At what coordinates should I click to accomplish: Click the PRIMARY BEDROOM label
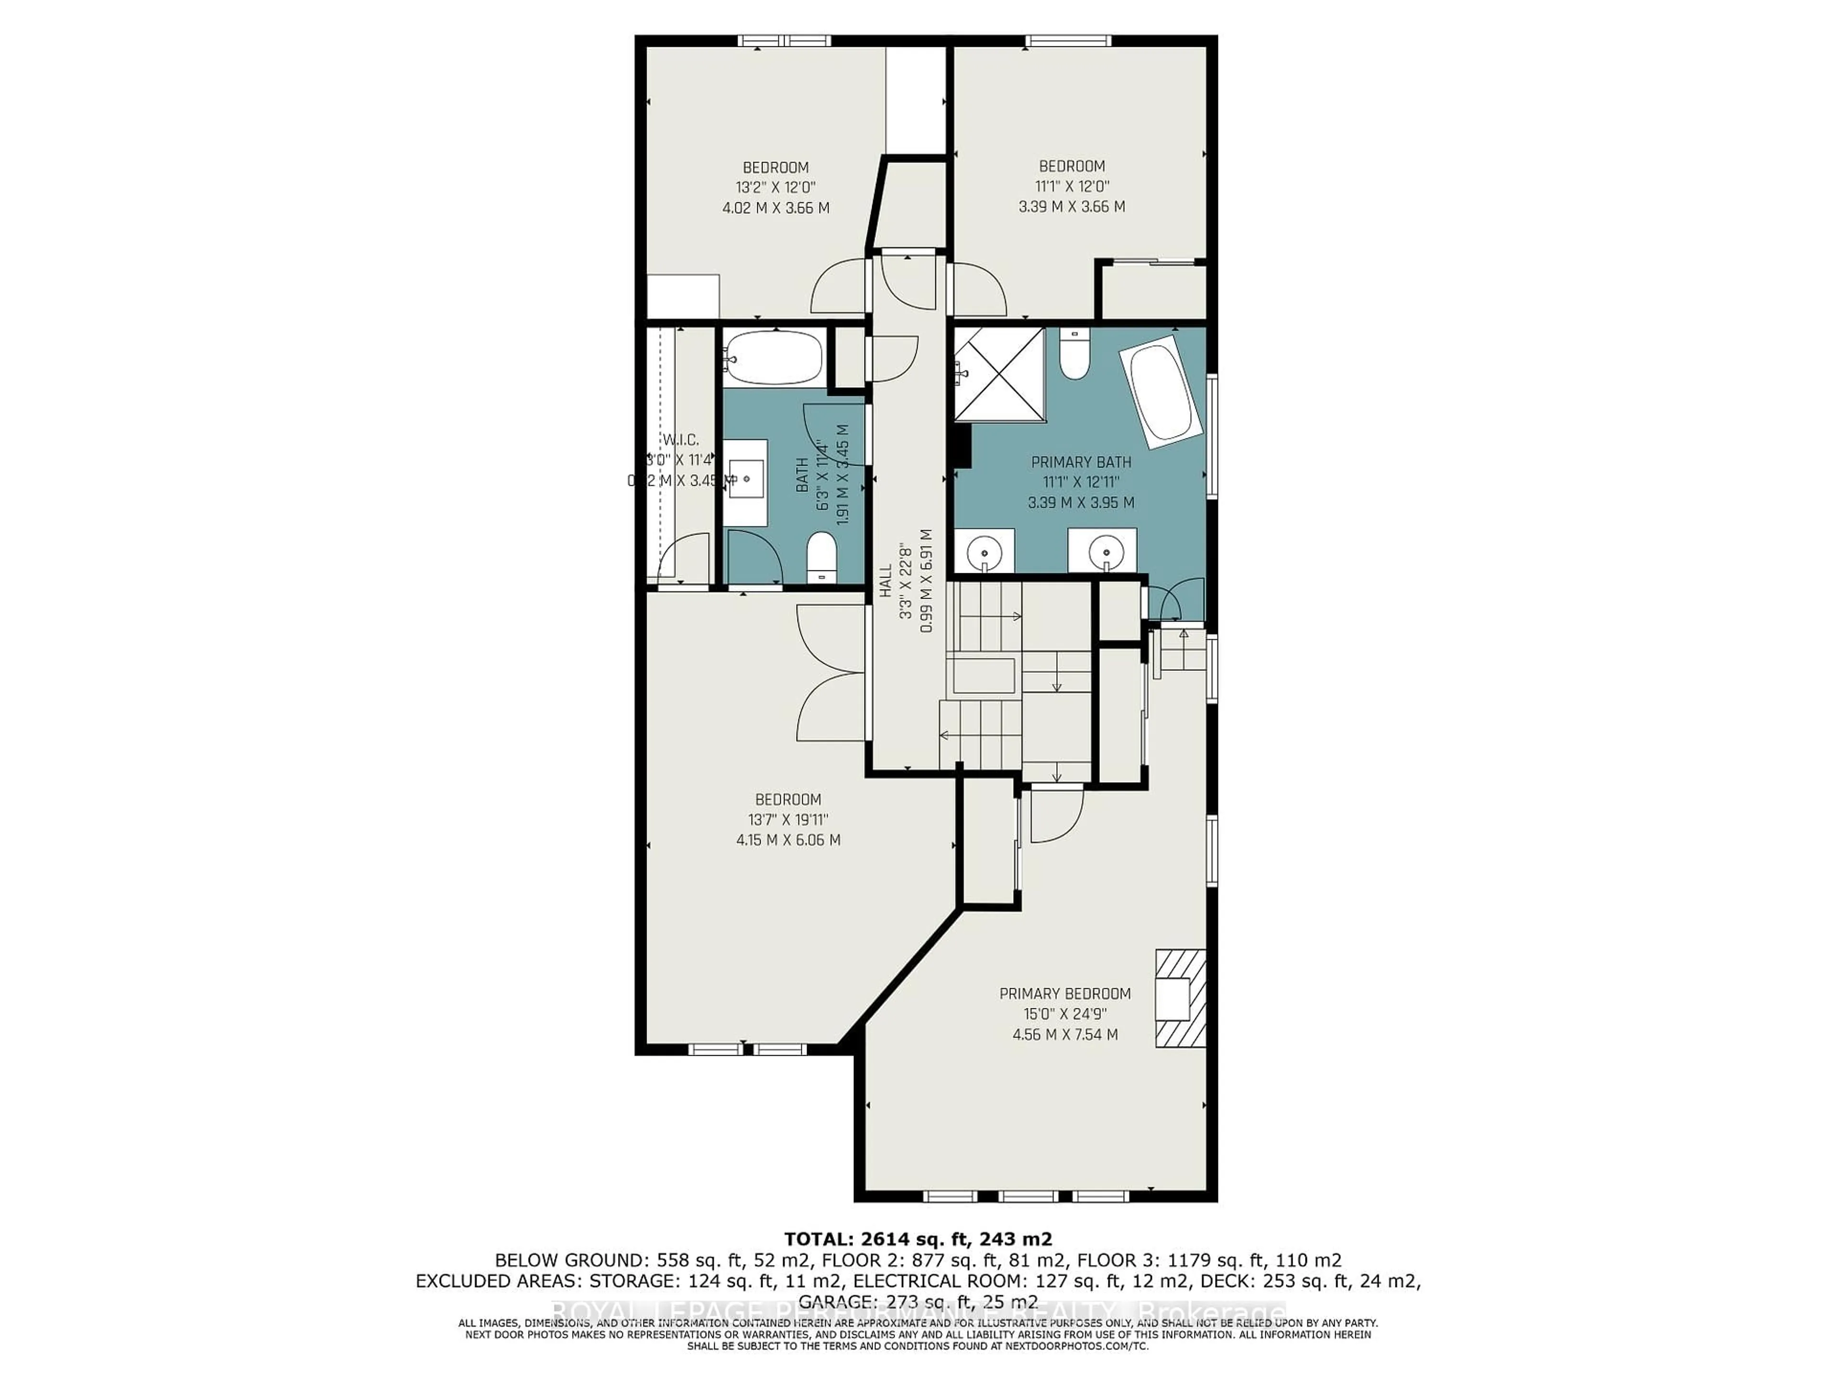1065,994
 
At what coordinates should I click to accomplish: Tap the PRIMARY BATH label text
1081,462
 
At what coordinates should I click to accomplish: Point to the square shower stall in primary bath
999,375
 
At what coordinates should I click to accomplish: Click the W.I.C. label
680,440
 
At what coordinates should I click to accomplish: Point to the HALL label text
885,581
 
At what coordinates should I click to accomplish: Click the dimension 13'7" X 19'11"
787,819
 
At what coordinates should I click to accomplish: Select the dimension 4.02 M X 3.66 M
775,208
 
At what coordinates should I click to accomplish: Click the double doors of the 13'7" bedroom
830,672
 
